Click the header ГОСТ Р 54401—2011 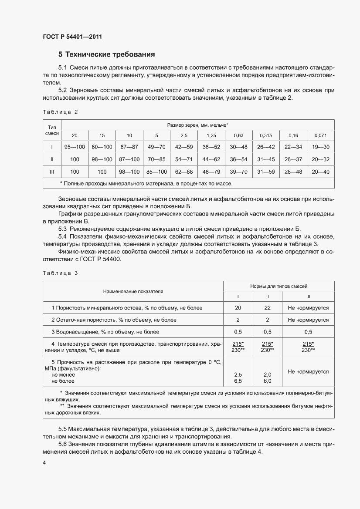[x=72, y=37]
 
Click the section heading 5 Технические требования [x=107, y=55]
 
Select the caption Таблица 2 [x=60, y=112]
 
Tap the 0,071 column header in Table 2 [x=320, y=135]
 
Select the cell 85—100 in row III [x=156, y=172]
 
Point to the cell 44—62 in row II [x=211, y=159]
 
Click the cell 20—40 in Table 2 [x=320, y=172]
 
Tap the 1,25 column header [x=211, y=135]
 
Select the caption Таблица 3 [x=60, y=273]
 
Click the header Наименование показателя [x=133, y=291]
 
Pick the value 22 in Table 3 [x=267, y=308]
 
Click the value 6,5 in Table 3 [x=238, y=381]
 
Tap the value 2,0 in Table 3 [x=267, y=374]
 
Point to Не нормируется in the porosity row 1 [x=308, y=308]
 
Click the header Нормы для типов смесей [x=278, y=287]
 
